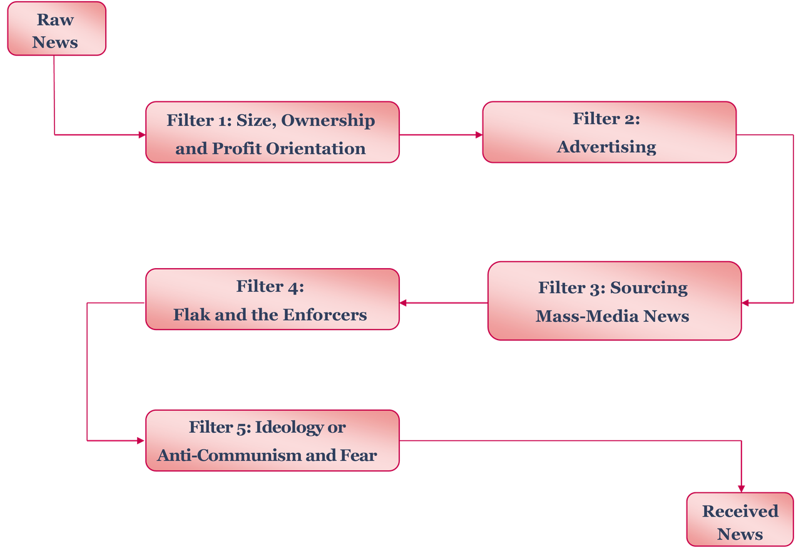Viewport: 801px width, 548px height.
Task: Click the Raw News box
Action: [x=56, y=29]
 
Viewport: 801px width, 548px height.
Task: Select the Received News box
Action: [x=740, y=519]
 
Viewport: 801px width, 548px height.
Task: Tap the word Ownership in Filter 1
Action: [x=328, y=120]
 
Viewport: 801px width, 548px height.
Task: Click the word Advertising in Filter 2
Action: [x=606, y=147]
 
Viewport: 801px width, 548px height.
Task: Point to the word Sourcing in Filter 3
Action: [x=648, y=287]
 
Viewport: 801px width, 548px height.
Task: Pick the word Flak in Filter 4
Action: [x=192, y=314]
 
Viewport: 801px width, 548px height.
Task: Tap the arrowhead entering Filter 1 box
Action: [x=140, y=134]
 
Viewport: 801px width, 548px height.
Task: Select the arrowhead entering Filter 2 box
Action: [x=477, y=134]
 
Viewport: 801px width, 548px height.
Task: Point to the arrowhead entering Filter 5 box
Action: [x=140, y=441]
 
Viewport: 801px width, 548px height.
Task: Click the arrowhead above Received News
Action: [x=742, y=488]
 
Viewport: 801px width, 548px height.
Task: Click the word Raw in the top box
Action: [x=55, y=19]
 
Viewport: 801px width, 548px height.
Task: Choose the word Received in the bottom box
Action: [x=740, y=511]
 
